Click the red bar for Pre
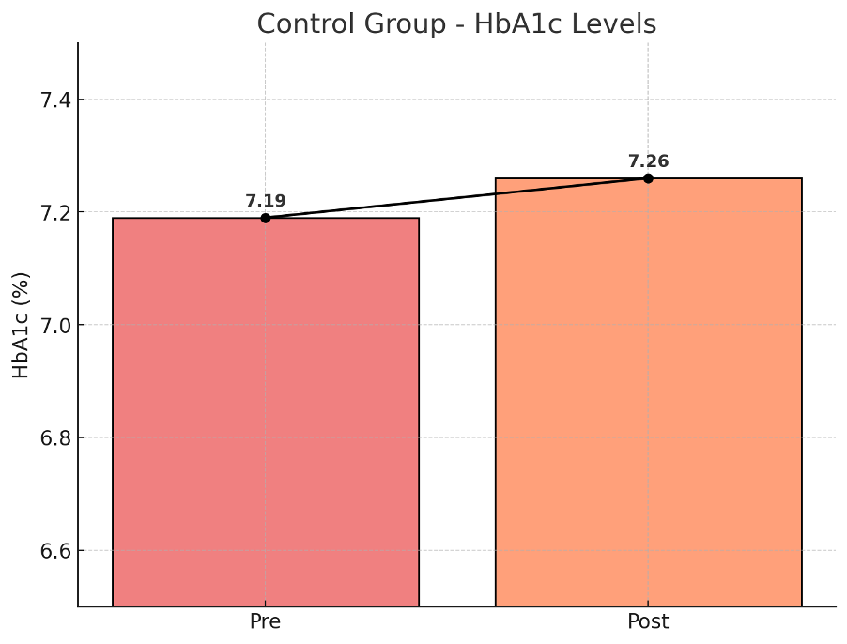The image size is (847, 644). (x=266, y=413)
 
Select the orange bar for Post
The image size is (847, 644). (x=648, y=394)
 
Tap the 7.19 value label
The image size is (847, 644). (x=266, y=201)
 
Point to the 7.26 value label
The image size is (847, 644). (x=648, y=161)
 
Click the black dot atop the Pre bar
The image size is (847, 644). (x=266, y=218)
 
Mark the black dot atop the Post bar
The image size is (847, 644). (x=648, y=178)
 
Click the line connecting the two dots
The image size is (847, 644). (x=456, y=198)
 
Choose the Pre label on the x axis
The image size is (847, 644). (x=266, y=622)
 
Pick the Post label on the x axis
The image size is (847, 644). (x=648, y=622)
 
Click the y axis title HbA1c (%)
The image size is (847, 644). (x=21, y=325)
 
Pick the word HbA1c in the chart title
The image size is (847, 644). (x=513, y=24)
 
